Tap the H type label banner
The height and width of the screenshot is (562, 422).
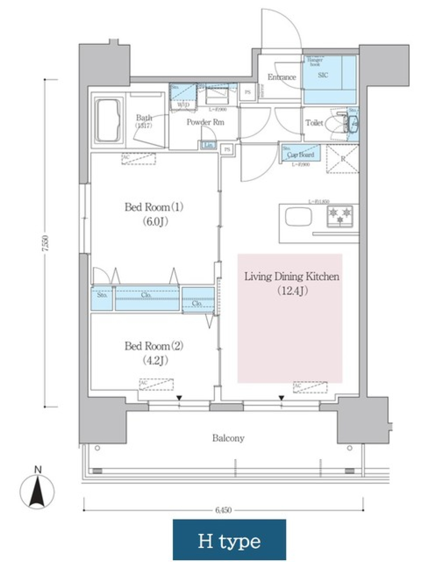pos(229,540)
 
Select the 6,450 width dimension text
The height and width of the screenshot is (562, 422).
pos(223,510)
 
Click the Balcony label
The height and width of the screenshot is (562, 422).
pos(228,438)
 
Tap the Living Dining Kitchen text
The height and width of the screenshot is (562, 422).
pos(291,277)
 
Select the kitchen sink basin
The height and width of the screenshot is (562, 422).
pos(299,216)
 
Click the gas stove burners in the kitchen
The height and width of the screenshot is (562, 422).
pos(340,215)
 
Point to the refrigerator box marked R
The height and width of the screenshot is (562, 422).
pos(343,159)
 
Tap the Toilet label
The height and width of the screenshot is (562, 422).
pos(314,123)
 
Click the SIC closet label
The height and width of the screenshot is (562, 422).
pos(323,75)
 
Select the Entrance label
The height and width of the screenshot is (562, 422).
pos(282,77)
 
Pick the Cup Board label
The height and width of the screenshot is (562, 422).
pos(301,155)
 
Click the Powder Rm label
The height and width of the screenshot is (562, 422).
pos(205,122)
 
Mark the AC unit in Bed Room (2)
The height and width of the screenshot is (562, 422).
pos(156,384)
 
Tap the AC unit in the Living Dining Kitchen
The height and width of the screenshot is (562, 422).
pos(310,387)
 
